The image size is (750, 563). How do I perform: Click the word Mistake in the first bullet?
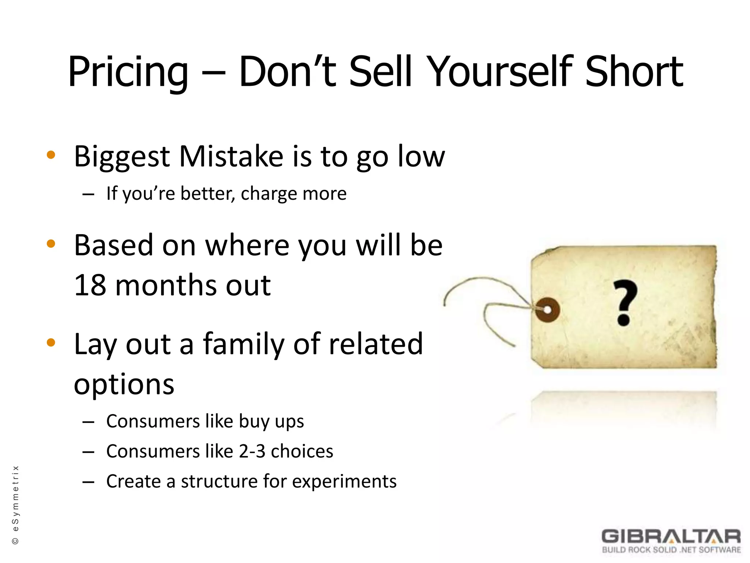click(231, 157)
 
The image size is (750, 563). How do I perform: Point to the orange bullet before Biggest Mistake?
click(51, 155)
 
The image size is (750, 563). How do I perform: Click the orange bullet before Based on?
click(51, 244)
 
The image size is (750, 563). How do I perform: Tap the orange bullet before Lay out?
click(51, 343)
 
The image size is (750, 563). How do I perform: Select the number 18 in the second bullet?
click(90, 285)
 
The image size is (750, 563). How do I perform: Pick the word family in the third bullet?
click(244, 345)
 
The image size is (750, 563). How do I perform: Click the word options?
click(124, 385)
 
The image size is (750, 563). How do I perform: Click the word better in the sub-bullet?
click(207, 193)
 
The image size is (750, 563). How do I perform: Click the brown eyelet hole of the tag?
click(547, 310)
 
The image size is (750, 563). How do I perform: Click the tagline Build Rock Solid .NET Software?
click(671, 550)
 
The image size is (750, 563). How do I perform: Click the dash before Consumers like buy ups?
click(88, 422)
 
